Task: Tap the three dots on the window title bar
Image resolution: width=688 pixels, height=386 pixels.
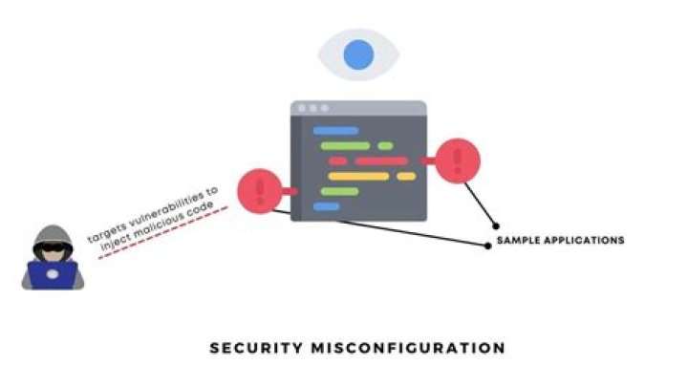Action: click(313, 109)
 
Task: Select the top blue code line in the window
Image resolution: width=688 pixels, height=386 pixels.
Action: click(335, 130)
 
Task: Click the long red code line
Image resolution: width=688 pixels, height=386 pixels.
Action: click(381, 161)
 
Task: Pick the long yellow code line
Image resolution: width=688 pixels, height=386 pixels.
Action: click(358, 177)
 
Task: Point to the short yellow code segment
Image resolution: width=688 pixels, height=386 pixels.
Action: click(406, 177)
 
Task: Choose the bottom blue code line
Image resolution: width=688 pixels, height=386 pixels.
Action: click(327, 206)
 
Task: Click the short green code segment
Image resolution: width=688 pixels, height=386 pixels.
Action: click(385, 146)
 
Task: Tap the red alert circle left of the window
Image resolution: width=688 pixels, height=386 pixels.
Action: click(257, 189)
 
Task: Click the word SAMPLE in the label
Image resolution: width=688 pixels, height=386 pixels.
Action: click(517, 240)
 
